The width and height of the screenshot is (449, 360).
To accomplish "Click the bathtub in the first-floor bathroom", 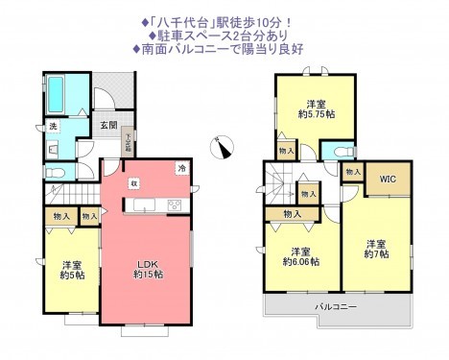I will [54, 93].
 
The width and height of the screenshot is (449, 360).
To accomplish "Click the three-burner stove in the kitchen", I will [176, 204].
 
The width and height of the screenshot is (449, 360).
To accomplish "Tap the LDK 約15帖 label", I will [147, 269].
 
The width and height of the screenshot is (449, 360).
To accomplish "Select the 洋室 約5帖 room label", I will [69, 271].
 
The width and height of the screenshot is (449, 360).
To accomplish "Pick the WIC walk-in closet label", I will [388, 179].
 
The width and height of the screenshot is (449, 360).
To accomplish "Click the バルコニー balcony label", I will [335, 306].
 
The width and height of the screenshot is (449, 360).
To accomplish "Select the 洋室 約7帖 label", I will [375, 248].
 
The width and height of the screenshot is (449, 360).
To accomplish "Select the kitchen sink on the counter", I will [146, 204].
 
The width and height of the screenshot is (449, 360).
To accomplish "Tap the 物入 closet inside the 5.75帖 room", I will [285, 151].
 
